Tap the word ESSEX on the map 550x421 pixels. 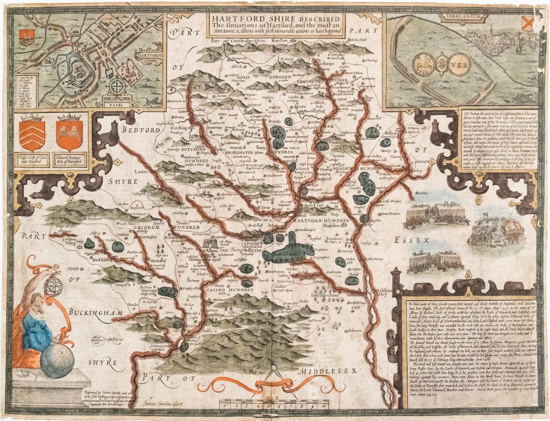click(x=413, y=240)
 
